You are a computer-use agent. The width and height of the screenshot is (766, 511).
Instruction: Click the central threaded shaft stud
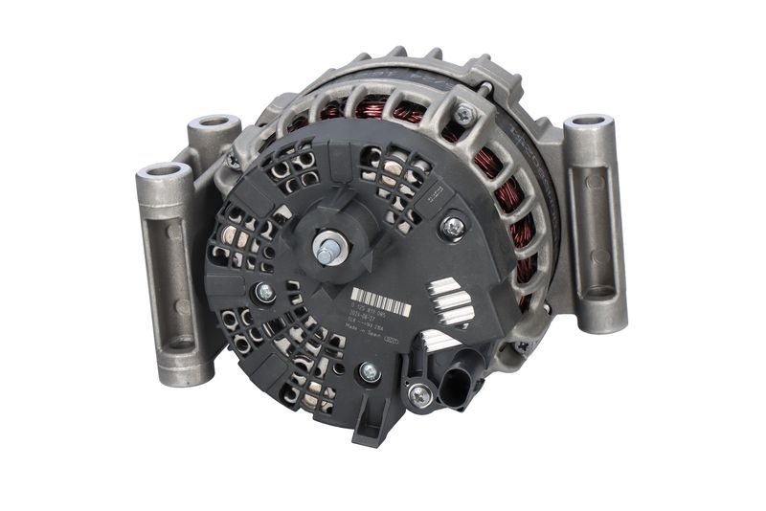tap(329, 252)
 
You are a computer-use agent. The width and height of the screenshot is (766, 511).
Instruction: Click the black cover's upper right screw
tap(452, 227)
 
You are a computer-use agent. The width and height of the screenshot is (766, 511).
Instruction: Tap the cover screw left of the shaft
tap(265, 293)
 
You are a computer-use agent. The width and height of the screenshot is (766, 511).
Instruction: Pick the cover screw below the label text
tap(369, 372)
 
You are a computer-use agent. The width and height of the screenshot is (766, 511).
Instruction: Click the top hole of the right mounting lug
tap(588, 122)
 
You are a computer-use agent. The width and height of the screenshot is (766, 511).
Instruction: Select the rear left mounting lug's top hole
tap(213, 123)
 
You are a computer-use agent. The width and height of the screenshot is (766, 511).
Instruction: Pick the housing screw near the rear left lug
tap(233, 162)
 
